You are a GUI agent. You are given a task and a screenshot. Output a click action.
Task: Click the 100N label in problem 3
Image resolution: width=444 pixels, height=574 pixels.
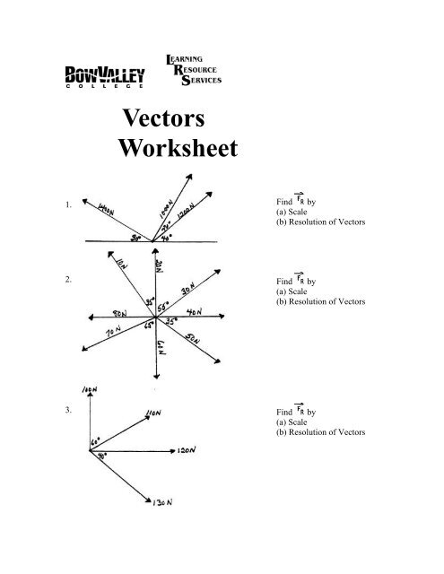click(88, 392)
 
